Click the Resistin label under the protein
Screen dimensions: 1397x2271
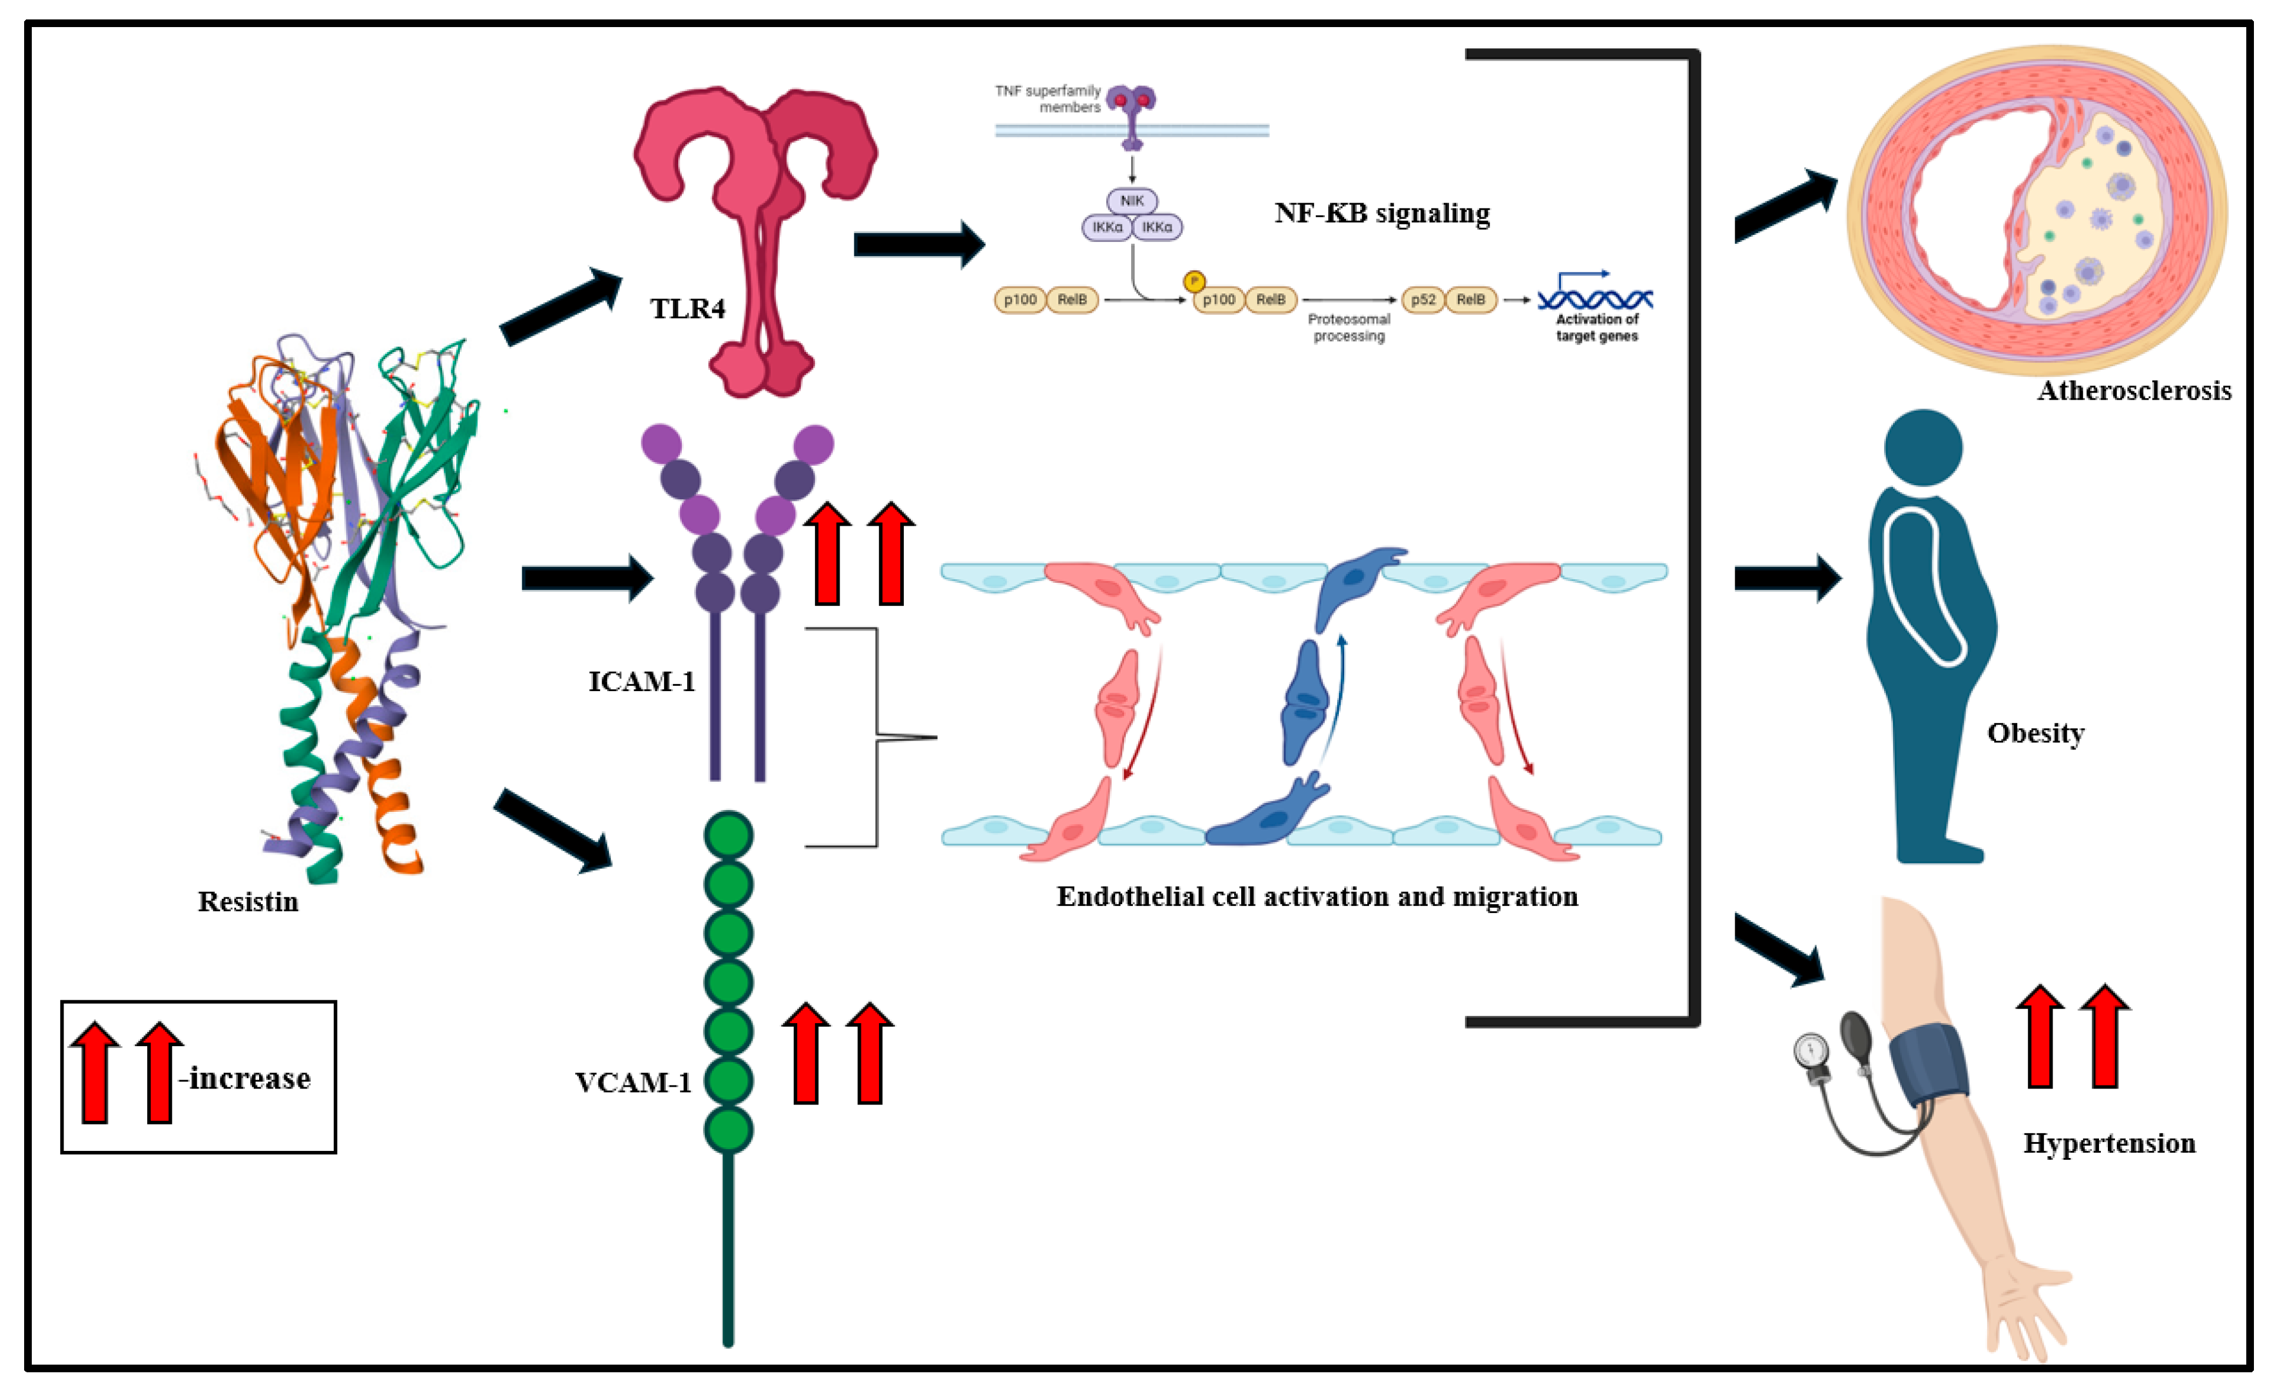coord(248,902)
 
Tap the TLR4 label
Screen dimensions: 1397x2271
coord(687,308)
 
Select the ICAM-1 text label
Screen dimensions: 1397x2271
coord(641,682)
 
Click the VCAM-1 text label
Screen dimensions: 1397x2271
coord(633,1083)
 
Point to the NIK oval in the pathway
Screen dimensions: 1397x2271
coord(1132,201)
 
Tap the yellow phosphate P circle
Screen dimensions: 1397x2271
coord(1193,281)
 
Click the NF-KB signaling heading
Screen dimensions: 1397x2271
coord(1382,214)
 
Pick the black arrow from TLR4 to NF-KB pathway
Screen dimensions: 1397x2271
coord(919,245)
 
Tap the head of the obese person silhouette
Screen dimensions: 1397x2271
coord(1922,448)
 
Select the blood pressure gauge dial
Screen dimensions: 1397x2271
coord(1811,1050)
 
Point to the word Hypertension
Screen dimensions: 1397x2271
coord(2108,1144)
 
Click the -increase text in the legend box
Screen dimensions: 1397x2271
coord(245,1079)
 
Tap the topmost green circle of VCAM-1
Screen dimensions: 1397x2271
coord(728,835)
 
